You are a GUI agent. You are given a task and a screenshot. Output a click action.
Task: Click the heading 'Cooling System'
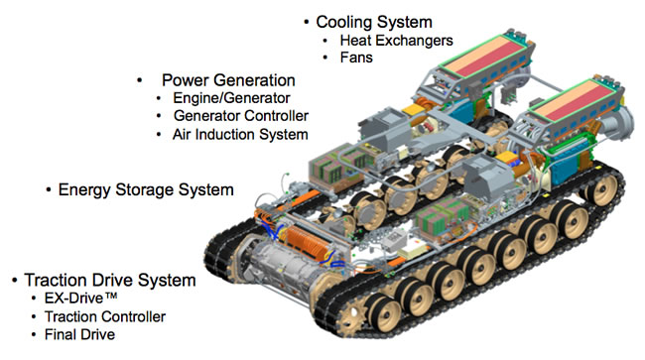tap(374, 22)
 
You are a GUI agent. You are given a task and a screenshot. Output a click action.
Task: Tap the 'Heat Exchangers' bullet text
tap(396, 41)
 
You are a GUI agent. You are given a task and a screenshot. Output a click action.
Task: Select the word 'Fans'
tap(356, 58)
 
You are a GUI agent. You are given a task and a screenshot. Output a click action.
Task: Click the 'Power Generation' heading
tap(228, 80)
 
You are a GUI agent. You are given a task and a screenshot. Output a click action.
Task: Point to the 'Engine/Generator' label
tap(231, 98)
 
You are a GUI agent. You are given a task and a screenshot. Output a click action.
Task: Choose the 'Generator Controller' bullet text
tap(241, 116)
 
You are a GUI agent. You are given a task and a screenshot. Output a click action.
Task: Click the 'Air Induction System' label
tap(240, 135)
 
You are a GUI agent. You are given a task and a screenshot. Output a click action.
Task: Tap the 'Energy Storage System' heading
tap(146, 189)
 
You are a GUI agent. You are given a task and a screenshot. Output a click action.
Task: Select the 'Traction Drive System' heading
tap(110, 281)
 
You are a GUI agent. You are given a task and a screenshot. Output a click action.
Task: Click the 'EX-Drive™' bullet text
tap(81, 298)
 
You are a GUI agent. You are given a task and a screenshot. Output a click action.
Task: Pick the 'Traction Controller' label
tap(105, 316)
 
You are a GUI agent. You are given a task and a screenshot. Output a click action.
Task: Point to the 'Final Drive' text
tap(79, 334)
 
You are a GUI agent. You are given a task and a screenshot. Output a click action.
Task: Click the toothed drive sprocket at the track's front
tap(349, 315)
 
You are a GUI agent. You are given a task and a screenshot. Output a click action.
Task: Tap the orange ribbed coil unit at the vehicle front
tap(307, 241)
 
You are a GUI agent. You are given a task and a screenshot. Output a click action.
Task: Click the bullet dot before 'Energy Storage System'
tap(49, 189)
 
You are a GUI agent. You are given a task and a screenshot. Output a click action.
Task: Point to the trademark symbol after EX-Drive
tap(111, 296)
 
